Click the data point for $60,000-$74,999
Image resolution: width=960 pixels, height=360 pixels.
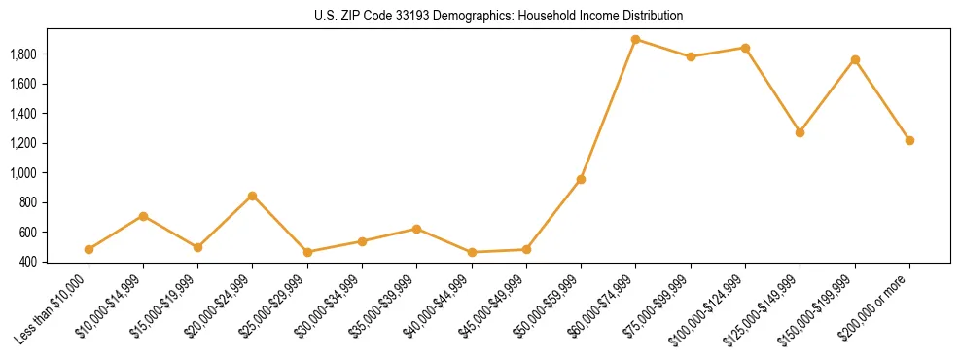636,40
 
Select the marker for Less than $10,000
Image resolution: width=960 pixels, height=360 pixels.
89,249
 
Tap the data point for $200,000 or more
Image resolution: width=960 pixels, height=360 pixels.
909,140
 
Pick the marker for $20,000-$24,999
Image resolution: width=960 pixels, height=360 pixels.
253,196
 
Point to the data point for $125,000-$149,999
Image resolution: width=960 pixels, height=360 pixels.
800,132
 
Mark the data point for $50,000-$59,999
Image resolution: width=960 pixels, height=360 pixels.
581,179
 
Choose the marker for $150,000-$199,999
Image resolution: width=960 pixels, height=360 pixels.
855,60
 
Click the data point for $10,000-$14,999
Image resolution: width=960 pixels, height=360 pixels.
143,216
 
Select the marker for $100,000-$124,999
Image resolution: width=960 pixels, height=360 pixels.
745,48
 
